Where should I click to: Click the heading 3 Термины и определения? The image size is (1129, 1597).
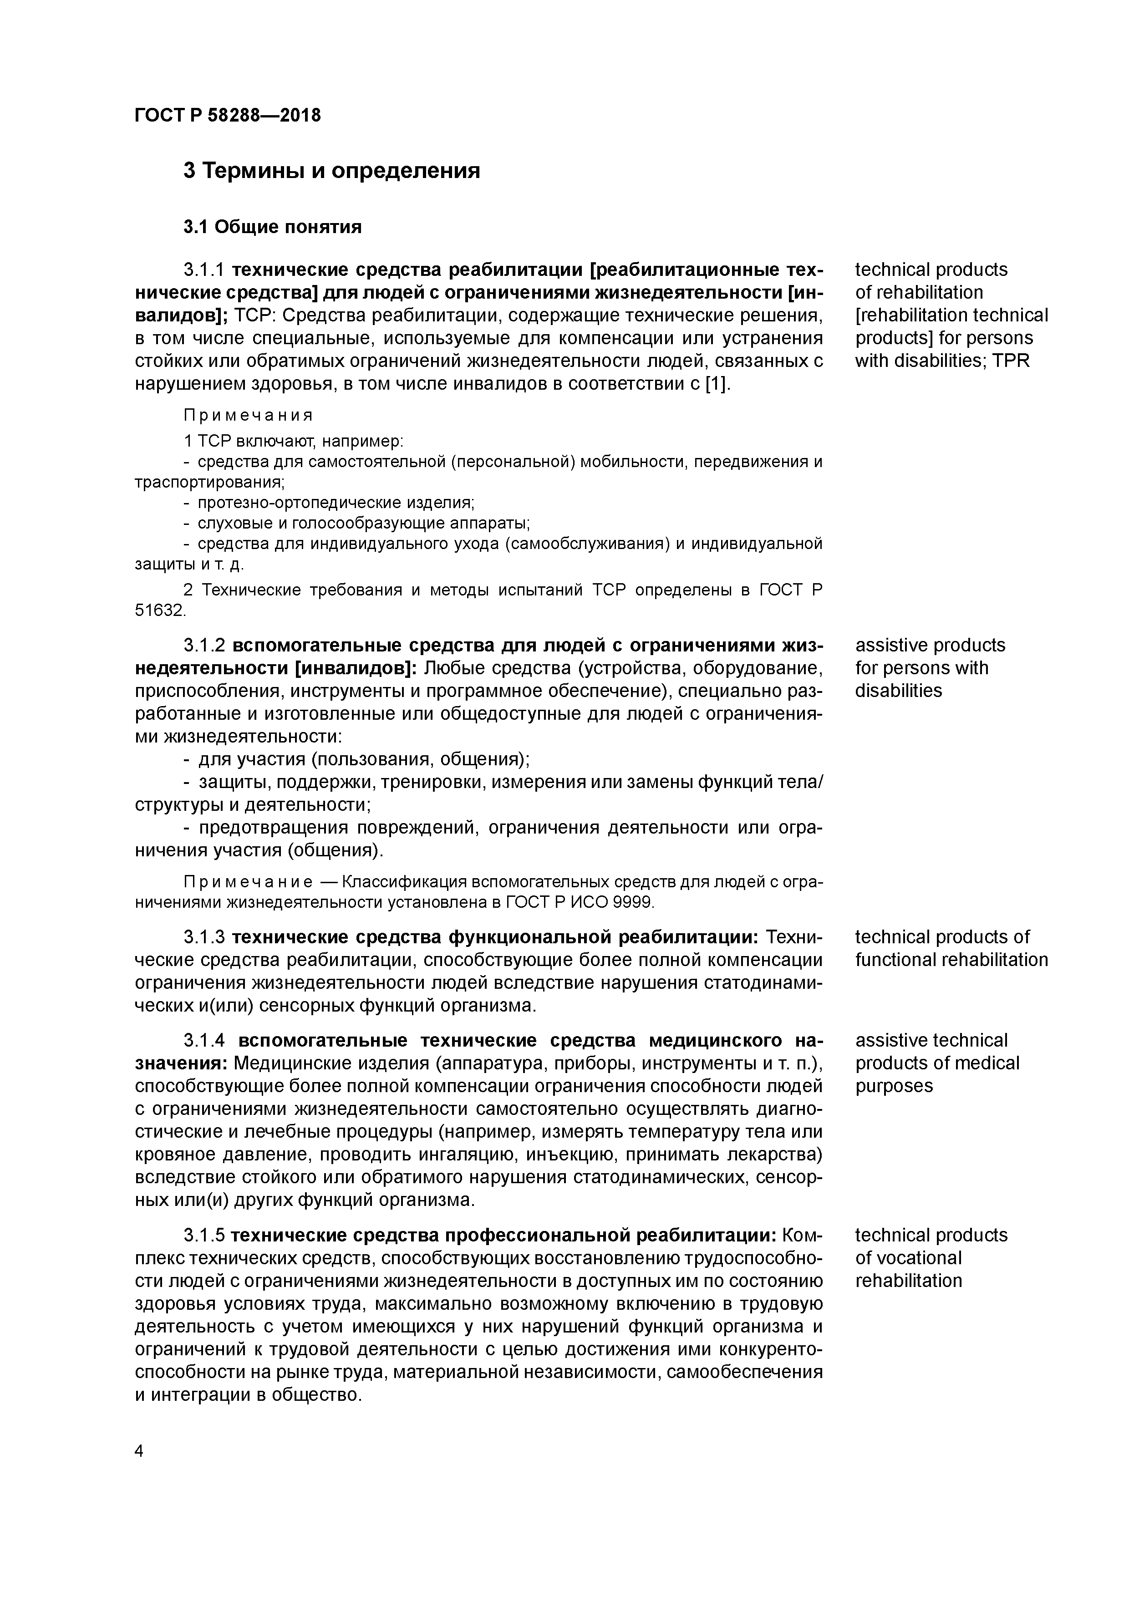point(331,170)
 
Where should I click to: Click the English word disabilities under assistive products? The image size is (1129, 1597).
point(898,691)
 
